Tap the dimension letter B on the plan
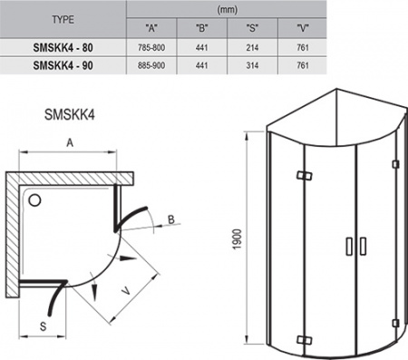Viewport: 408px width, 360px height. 171,219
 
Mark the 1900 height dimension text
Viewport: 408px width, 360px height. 235,239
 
